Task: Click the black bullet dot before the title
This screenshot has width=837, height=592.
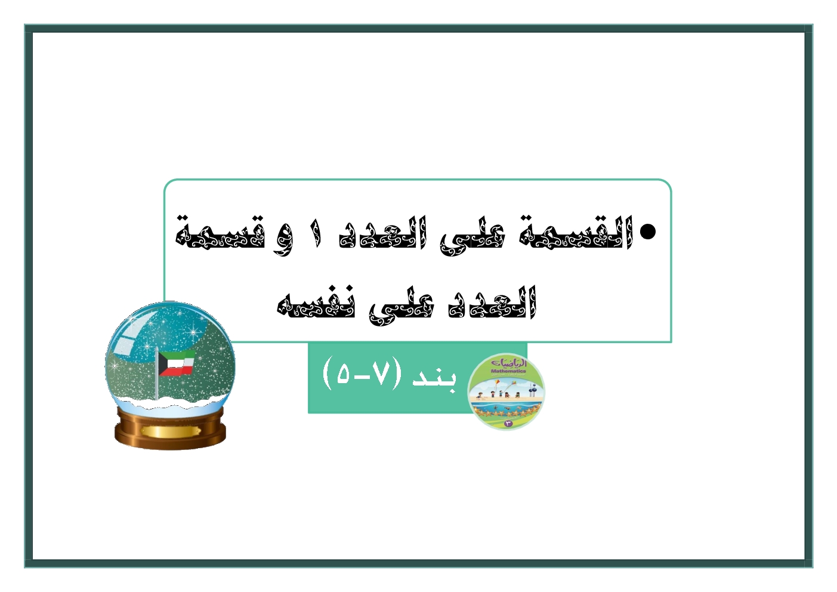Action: click(647, 232)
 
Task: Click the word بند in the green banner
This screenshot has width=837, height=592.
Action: click(434, 378)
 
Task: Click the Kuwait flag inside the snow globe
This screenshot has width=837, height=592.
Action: click(176, 362)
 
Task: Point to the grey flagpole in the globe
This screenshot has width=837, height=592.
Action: click(156, 373)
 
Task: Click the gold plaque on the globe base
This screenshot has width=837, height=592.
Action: click(171, 431)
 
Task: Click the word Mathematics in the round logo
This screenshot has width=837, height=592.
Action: click(508, 371)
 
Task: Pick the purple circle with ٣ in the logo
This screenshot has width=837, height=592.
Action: click(508, 423)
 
